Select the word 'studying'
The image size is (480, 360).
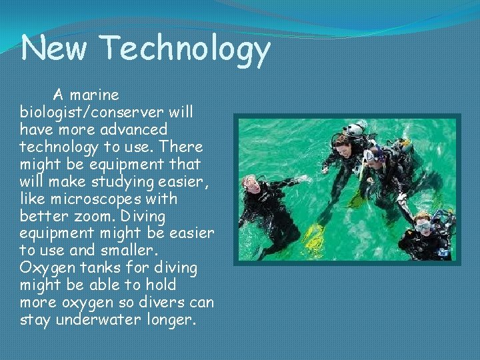click(x=125, y=181)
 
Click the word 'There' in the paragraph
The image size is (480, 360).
click(x=180, y=145)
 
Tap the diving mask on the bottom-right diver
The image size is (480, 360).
click(x=423, y=227)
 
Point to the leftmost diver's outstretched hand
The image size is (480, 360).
click(x=304, y=179)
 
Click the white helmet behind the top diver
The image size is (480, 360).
click(x=356, y=129)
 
